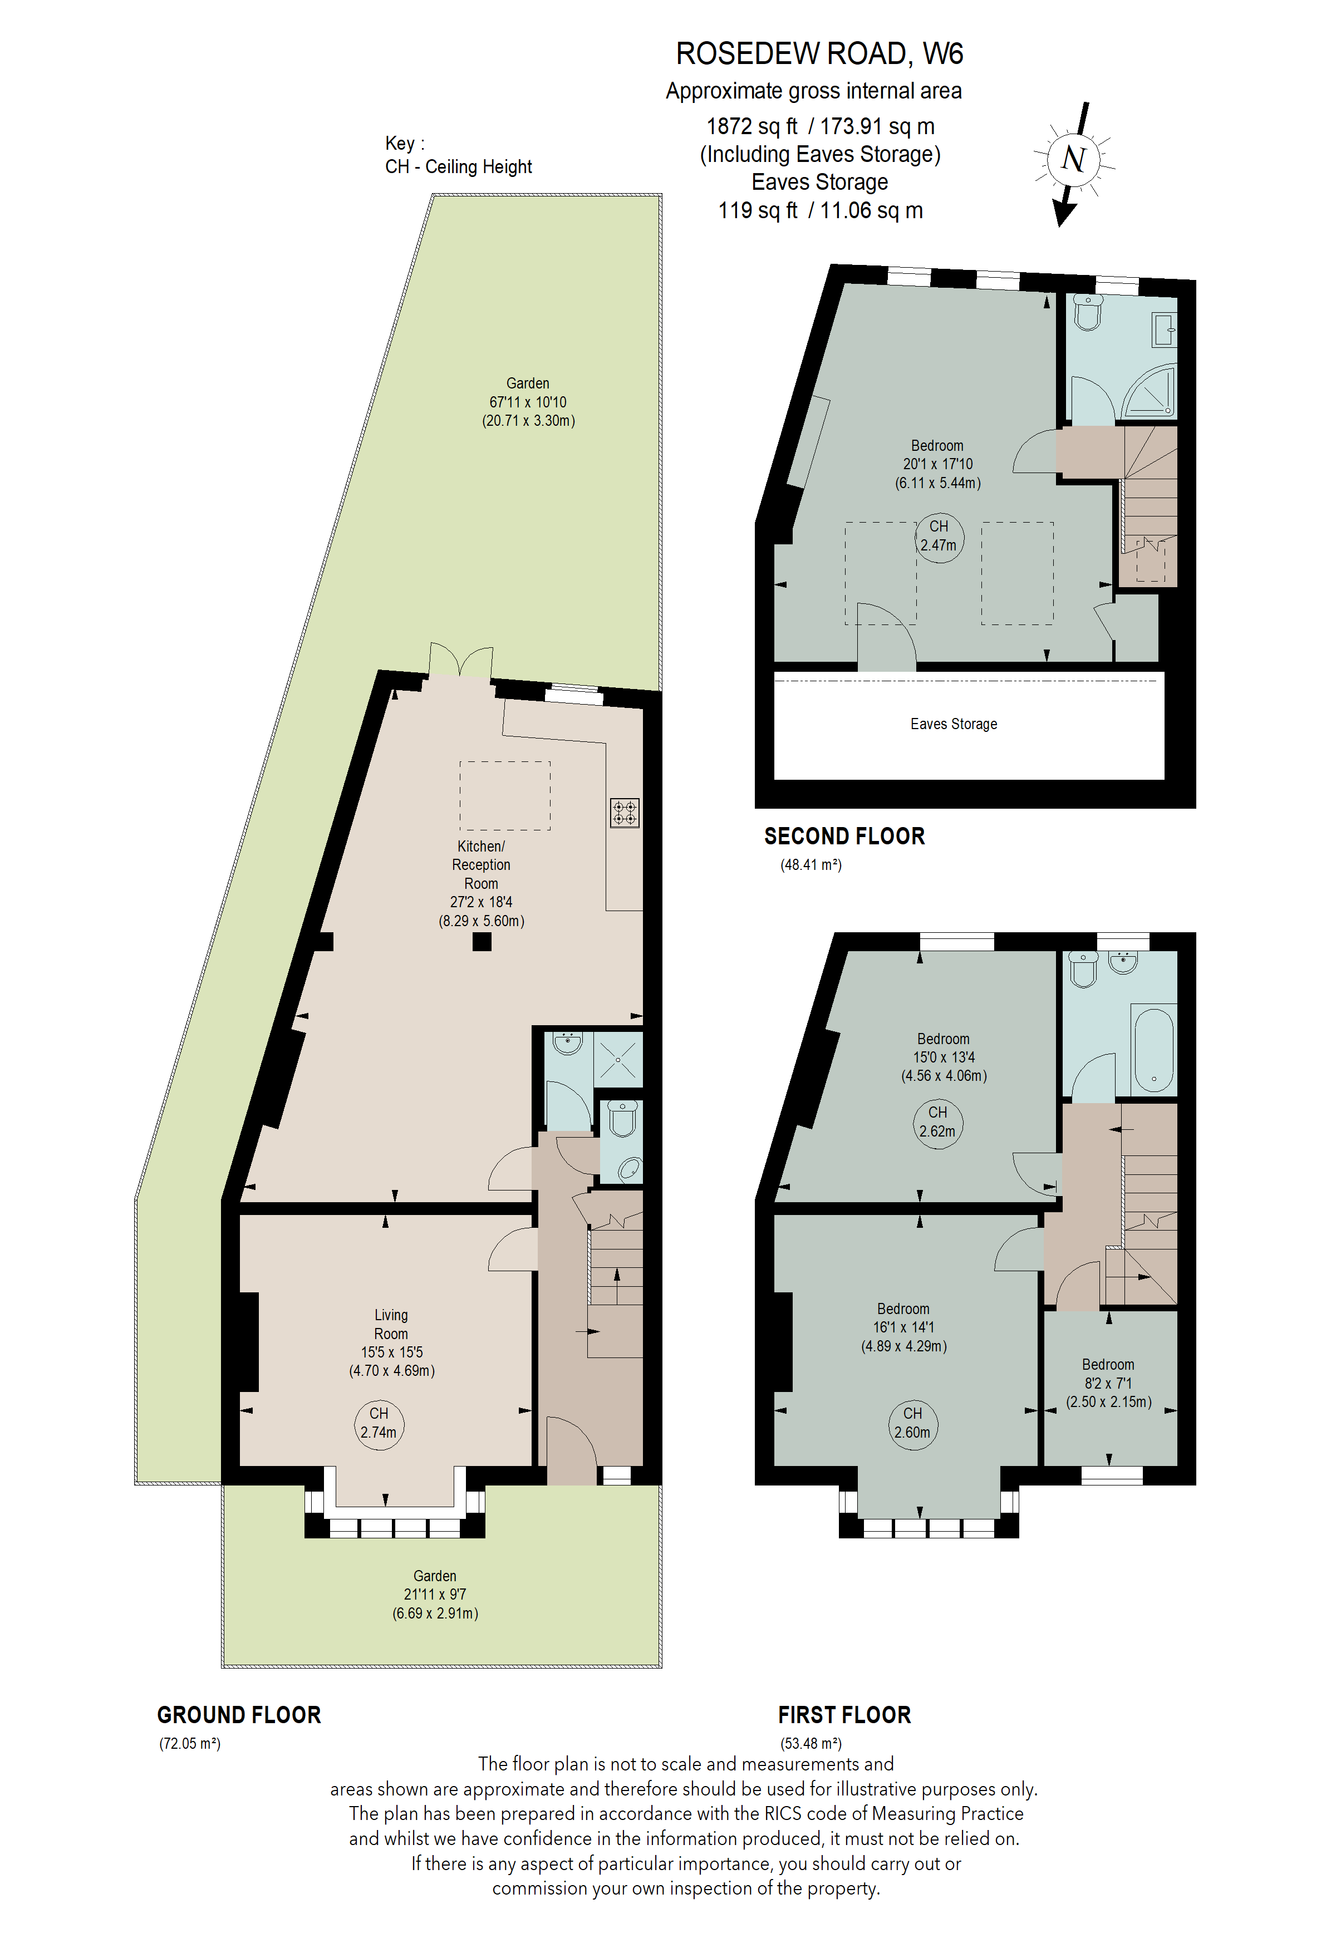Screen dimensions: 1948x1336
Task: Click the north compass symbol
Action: (x=1074, y=159)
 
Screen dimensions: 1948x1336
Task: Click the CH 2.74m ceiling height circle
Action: (x=379, y=1424)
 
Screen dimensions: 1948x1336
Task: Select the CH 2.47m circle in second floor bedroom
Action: (x=939, y=537)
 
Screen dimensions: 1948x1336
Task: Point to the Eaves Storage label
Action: (x=954, y=724)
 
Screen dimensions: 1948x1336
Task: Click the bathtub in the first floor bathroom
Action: (x=1153, y=1050)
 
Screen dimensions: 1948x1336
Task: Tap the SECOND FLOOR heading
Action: (x=844, y=837)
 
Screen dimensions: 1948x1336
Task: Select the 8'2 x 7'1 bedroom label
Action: (x=1108, y=1383)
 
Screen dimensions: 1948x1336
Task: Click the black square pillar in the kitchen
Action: (x=482, y=941)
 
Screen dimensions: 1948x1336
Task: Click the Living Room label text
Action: (x=391, y=1325)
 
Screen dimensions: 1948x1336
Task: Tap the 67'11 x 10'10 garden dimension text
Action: (x=528, y=402)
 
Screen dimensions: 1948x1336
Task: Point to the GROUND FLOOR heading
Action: (x=239, y=1715)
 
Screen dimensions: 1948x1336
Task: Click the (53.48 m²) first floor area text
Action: (x=811, y=1744)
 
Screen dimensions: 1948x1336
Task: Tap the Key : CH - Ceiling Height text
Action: (x=459, y=155)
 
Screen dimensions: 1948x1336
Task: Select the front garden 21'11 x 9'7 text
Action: (x=435, y=1594)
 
